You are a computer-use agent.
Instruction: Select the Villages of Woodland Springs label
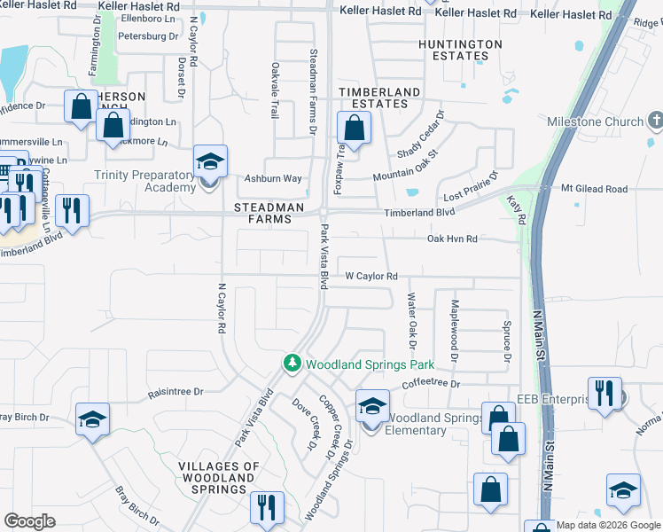[219, 477]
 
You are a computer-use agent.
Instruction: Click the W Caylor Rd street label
[371, 277]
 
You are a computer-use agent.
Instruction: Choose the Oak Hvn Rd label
[452, 239]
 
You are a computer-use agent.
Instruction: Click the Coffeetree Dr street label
[431, 384]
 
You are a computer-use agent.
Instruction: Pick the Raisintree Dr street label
[175, 391]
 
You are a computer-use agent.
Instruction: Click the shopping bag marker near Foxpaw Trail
[354, 129]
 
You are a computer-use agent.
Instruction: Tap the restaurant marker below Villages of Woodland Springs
[267, 509]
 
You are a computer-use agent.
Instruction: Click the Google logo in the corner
[30, 521]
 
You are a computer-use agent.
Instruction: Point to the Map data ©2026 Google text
[607, 525]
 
